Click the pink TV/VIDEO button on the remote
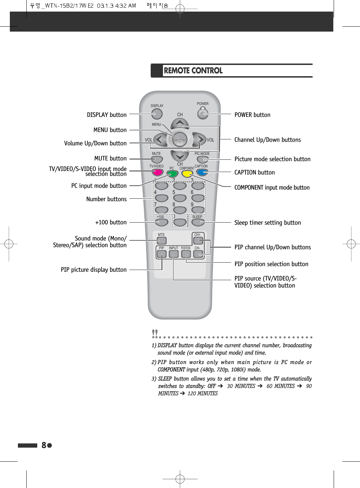point(157,172)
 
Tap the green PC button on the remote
point(172,173)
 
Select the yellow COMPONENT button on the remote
point(187,173)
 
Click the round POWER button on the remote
point(203,114)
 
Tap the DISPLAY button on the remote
point(157,114)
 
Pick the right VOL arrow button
point(199,140)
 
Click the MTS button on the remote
point(162,240)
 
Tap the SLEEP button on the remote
point(198,222)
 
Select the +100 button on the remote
point(162,222)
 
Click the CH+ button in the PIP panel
point(198,240)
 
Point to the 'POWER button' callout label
point(252,115)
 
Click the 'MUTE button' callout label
point(110,158)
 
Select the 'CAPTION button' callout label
point(254,172)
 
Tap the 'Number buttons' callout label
point(106,199)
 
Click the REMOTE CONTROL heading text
point(193,71)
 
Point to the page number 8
point(44,445)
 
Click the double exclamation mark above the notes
point(155,332)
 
